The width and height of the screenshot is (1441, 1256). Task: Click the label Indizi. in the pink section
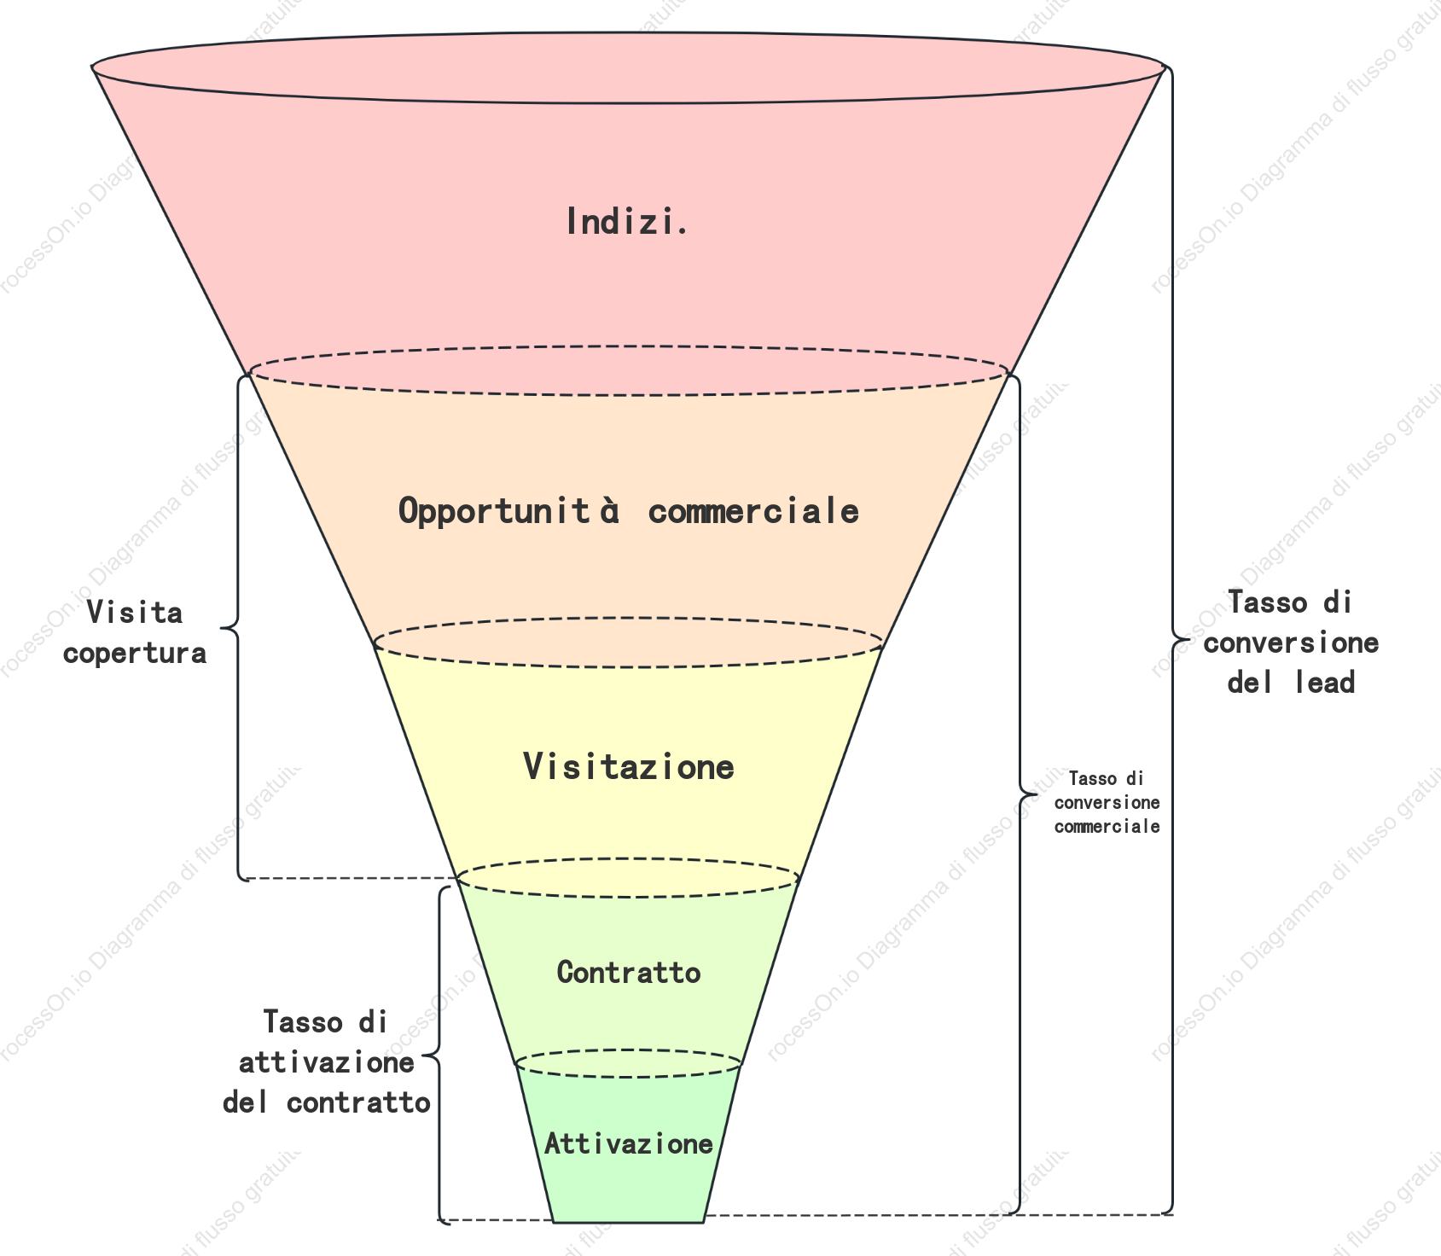pyautogui.click(x=627, y=222)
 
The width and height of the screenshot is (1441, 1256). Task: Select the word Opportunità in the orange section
pyautogui.click(x=509, y=512)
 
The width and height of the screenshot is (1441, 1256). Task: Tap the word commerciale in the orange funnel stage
pyautogui.click(x=753, y=512)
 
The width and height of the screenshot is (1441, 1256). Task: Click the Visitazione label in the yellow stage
pyautogui.click(x=629, y=767)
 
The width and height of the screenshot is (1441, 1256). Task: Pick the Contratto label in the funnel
pyautogui.click(x=629, y=973)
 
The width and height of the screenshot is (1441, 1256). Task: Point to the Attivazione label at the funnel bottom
pyautogui.click(x=629, y=1144)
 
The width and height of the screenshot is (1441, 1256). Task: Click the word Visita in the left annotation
pyautogui.click(x=135, y=613)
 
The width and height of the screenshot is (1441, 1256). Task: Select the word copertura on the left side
pyautogui.click(x=135, y=654)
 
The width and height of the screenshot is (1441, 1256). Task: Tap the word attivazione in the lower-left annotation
pyautogui.click(x=327, y=1062)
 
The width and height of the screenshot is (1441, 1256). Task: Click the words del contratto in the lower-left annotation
pyautogui.click(x=327, y=1102)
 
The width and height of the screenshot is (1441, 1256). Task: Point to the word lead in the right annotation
pyautogui.click(x=1325, y=683)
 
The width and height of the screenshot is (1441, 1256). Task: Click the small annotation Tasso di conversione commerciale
pyautogui.click(x=1107, y=802)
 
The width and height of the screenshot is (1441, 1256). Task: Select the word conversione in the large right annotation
pyautogui.click(x=1291, y=643)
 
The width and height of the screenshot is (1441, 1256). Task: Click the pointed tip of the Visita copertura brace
pyautogui.click(x=221, y=629)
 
